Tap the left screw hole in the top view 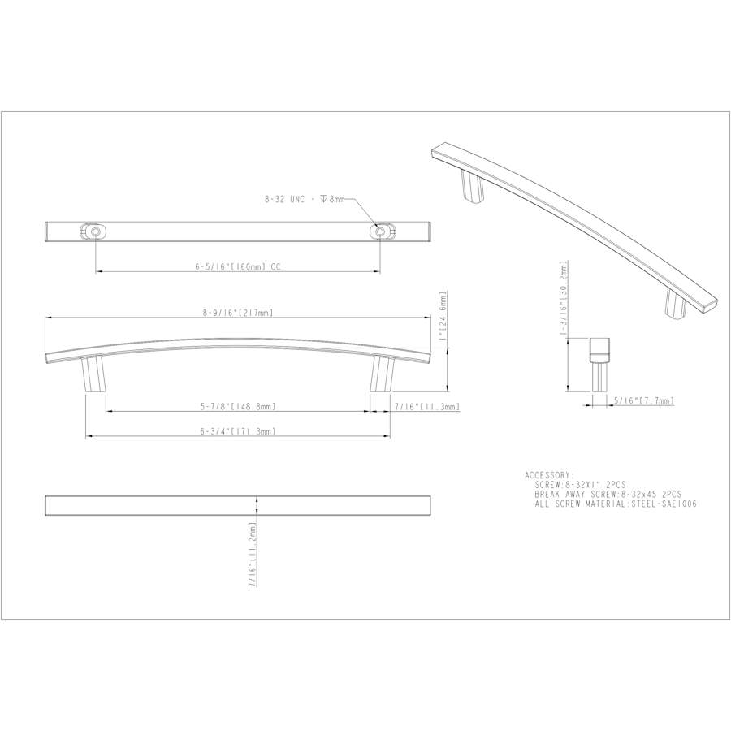pos(96,232)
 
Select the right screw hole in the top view pos(380,232)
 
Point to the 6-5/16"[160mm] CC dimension pos(238,266)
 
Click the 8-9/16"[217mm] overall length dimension pos(237,312)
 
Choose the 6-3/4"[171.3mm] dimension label pos(237,431)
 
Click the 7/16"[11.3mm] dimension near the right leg pos(427,406)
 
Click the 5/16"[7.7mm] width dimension pos(644,401)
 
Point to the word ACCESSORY pos(550,475)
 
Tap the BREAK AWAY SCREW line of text pos(608,494)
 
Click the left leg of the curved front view pos(92,374)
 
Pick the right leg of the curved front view pos(383,374)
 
